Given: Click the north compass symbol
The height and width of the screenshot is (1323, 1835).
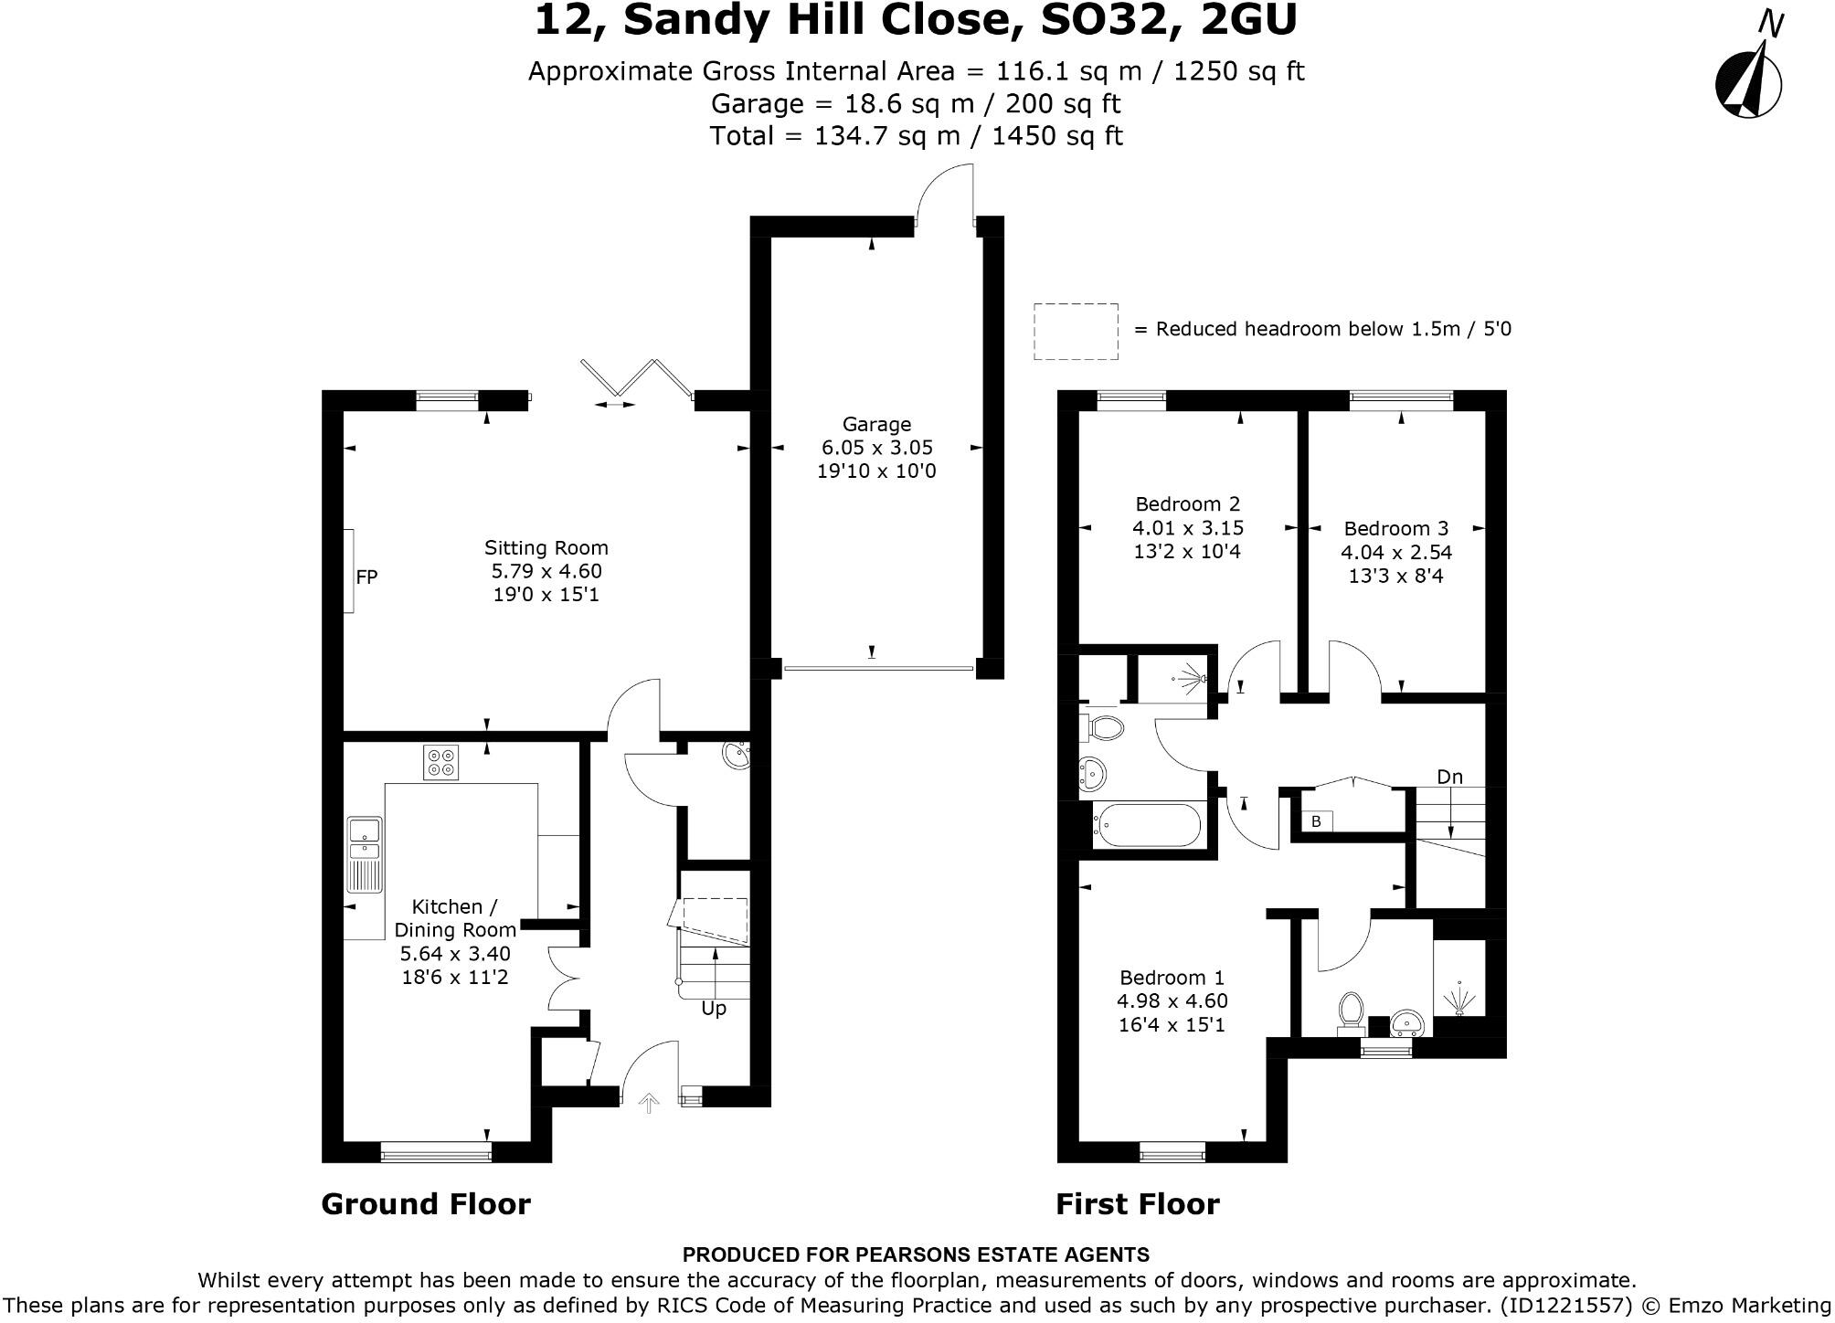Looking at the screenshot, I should click(1748, 83).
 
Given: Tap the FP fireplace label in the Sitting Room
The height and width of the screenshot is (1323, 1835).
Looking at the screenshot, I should click(366, 577).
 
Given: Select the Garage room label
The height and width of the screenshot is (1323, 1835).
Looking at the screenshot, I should click(876, 424).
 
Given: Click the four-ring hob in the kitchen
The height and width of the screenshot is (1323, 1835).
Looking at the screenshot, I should click(440, 762).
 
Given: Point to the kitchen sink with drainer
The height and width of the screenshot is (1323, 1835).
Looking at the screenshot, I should click(365, 853).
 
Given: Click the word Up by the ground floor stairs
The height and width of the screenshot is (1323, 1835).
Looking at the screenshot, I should click(714, 1008).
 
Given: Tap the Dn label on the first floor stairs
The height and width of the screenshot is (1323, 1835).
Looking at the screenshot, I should click(1449, 777).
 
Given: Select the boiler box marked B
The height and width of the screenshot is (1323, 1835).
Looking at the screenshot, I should click(1316, 821).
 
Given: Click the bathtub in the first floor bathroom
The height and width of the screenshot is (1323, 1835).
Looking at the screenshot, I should click(1147, 826).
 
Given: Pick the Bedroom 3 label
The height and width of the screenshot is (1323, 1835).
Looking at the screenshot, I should click(1395, 528).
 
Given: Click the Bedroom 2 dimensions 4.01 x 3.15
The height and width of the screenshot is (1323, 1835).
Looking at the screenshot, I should click(1187, 527).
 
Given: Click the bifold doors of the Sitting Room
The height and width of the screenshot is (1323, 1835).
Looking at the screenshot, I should click(635, 380).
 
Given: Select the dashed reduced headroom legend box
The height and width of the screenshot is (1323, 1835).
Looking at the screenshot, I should click(1076, 331).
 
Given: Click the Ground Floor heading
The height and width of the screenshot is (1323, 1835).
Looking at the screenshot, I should click(426, 1204).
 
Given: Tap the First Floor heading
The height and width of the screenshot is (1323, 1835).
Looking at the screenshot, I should click(1137, 1204).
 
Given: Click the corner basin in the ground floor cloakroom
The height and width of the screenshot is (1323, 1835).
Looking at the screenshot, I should click(736, 755).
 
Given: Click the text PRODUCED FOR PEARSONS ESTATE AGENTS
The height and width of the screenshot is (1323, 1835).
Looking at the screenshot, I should click(916, 1254).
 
